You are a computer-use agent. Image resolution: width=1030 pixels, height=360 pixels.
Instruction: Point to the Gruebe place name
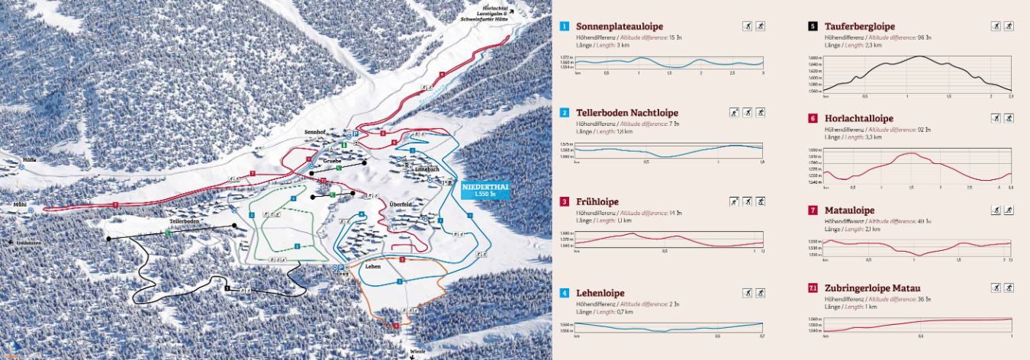point(332,161)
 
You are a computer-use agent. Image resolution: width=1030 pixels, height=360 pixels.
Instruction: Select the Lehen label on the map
point(372,266)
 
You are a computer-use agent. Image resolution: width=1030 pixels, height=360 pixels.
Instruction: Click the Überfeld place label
point(401,204)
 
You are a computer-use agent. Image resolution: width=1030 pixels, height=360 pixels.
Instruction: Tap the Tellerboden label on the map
point(185,221)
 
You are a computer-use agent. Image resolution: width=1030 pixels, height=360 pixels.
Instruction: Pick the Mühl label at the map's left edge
point(20,205)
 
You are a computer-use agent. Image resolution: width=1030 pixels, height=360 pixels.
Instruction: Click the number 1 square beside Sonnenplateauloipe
point(565,26)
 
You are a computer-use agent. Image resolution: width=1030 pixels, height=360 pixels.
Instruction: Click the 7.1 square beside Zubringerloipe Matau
point(813,288)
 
